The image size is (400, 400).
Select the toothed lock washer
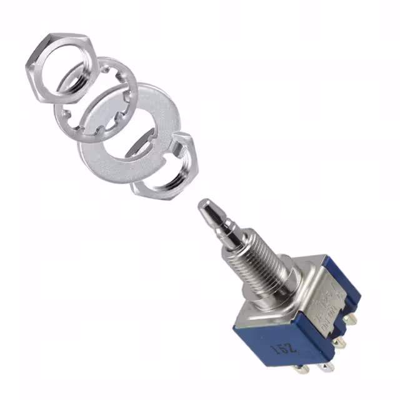click(x=69, y=116)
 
